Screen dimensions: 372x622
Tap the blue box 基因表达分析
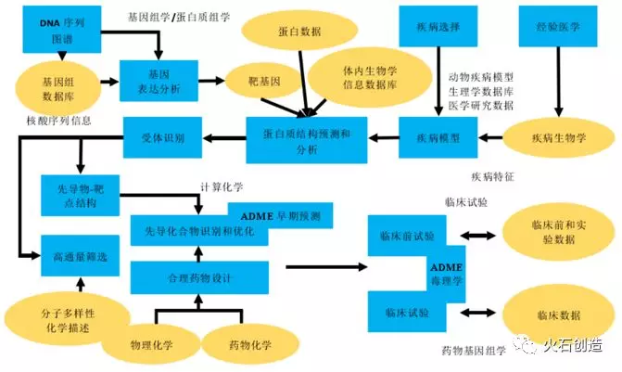click(x=159, y=80)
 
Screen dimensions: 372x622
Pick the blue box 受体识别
click(x=168, y=138)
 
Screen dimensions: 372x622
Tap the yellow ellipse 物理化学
click(x=148, y=344)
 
